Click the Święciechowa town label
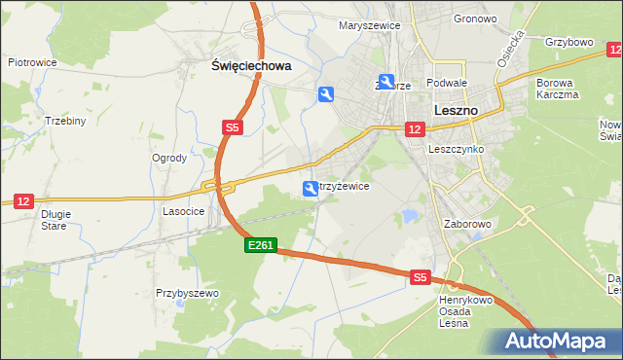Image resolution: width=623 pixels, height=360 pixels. (x=252, y=66)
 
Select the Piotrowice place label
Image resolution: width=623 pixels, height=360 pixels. (x=32, y=62)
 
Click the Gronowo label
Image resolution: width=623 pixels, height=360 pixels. (x=475, y=18)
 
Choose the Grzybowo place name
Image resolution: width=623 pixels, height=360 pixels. (x=569, y=43)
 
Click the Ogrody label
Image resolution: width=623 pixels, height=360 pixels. (x=169, y=159)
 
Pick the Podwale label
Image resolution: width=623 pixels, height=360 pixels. (x=447, y=84)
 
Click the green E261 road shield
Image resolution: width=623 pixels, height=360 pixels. (x=261, y=248)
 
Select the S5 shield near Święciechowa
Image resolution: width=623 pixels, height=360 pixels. (x=231, y=127)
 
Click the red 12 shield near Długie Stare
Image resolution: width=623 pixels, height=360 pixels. (x=22, y=199)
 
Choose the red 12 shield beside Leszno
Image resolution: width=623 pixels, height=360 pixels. (x=415, y=129)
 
